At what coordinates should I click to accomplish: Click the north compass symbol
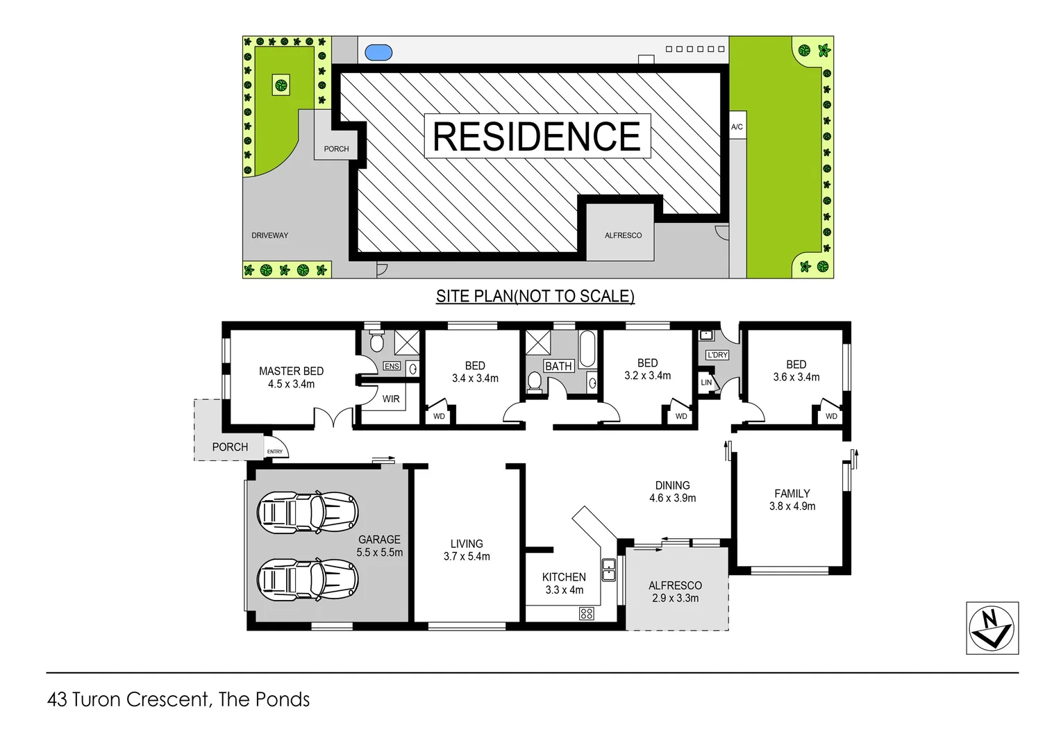(x=992, y=628)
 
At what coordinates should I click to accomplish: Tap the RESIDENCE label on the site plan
(x=537, y=135)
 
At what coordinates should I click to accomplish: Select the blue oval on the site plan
(x=378, y=52)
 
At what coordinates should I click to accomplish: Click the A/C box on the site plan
(x=737, y=126)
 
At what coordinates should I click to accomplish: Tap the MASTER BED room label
(x=291, y=377)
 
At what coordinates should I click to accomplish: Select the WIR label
(x=391, y=399)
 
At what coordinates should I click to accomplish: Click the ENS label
(x=392, y=366)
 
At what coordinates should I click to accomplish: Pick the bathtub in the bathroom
(x=587, y=348)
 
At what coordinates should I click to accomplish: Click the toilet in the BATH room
(x=535, y=382)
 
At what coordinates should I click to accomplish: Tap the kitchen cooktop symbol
(x=586, y=613)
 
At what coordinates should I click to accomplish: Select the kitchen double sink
(x=608, y=569)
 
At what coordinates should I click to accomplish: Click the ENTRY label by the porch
(x=275, y=452)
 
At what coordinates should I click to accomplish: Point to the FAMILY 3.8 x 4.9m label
(x=792, y=499)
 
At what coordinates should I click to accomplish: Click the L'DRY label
(x=717, y=355)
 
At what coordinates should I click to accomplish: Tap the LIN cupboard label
(x=706, y=383)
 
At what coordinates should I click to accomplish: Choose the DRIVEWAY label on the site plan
(x=269, y=235)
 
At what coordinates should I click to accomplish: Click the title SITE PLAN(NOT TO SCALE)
(x=535, y=296)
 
